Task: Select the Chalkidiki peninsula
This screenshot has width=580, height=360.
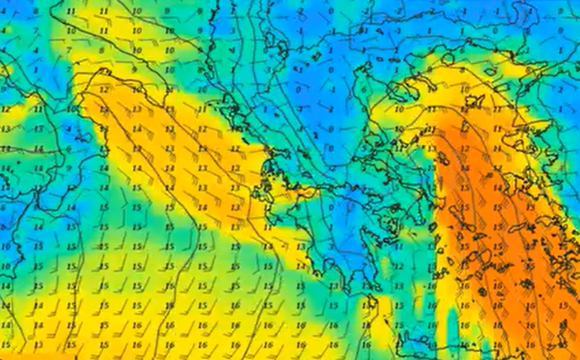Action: pyautogui.click(x=372, y=81)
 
